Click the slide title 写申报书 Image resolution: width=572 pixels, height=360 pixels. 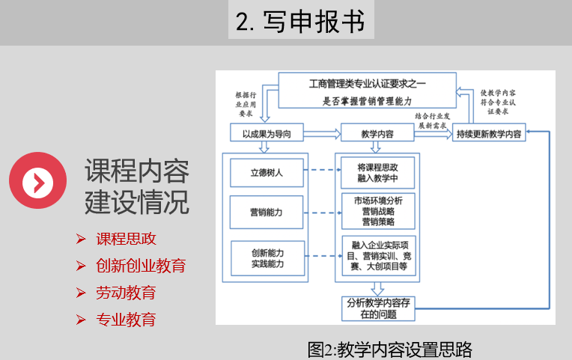point(300,21)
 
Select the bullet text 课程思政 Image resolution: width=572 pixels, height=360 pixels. point(126,240)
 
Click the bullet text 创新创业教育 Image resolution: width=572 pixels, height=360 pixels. point(141,266)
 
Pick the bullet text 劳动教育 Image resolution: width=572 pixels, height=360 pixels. point(126,293)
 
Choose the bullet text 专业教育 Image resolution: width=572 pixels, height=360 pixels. point(126,320)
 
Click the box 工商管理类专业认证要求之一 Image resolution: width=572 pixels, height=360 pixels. point(367,89)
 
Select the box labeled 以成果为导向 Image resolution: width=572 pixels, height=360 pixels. point(267,134)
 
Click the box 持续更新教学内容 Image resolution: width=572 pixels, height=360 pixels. point(490,134)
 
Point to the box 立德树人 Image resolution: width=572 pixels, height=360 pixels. point(267,172)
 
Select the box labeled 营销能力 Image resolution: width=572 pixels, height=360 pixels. point(267,213)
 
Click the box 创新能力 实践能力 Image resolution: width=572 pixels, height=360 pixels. point(267,257)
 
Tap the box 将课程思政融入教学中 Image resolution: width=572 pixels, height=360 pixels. point(377,173)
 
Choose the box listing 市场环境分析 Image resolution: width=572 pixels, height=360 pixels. point(377,212)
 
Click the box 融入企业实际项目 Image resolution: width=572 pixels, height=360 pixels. point(377,256)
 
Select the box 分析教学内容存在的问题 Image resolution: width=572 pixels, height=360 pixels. point(377,308)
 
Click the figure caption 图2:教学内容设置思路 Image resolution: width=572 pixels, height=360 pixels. point(390,349)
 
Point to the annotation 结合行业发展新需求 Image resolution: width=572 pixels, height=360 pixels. point(434,120)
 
